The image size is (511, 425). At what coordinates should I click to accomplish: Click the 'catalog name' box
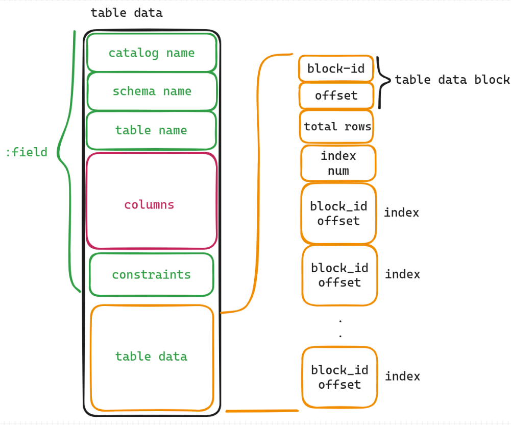tap(152, 53)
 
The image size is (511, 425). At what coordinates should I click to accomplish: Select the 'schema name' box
tap(152, 91)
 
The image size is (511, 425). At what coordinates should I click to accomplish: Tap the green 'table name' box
tap(151, 130)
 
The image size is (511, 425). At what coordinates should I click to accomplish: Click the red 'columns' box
tap(152, 201)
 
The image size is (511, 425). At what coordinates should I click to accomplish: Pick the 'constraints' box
tap(152, 275)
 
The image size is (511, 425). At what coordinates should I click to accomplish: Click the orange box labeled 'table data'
tap(152, 358)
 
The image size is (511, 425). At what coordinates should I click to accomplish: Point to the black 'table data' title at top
tap(127, 13)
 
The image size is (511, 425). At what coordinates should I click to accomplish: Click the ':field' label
tap(27, 152)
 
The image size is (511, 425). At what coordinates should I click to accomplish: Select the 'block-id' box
tap(336, 68)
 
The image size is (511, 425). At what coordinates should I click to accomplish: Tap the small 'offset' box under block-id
tap(336, 96)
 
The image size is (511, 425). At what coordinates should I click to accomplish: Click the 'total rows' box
tap(336, 127)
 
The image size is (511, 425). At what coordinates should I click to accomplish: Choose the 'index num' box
tap(338, 163)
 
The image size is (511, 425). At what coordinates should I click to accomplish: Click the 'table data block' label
tap(452, 80)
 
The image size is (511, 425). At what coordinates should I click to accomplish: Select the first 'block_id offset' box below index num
tap(338, 214)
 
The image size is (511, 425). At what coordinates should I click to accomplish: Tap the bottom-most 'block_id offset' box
tap(339, 377)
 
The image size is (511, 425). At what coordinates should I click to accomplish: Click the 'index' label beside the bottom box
tap(402, 376)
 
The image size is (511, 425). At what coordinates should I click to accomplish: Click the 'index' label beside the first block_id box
tap(401, 212)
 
